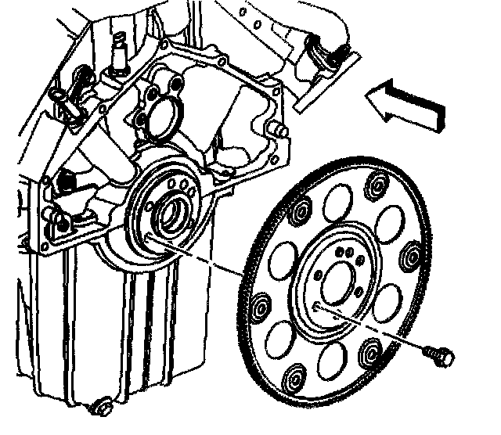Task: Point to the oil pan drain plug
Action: click(x=99, y=406)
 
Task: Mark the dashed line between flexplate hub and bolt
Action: click(x=376, y=326)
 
